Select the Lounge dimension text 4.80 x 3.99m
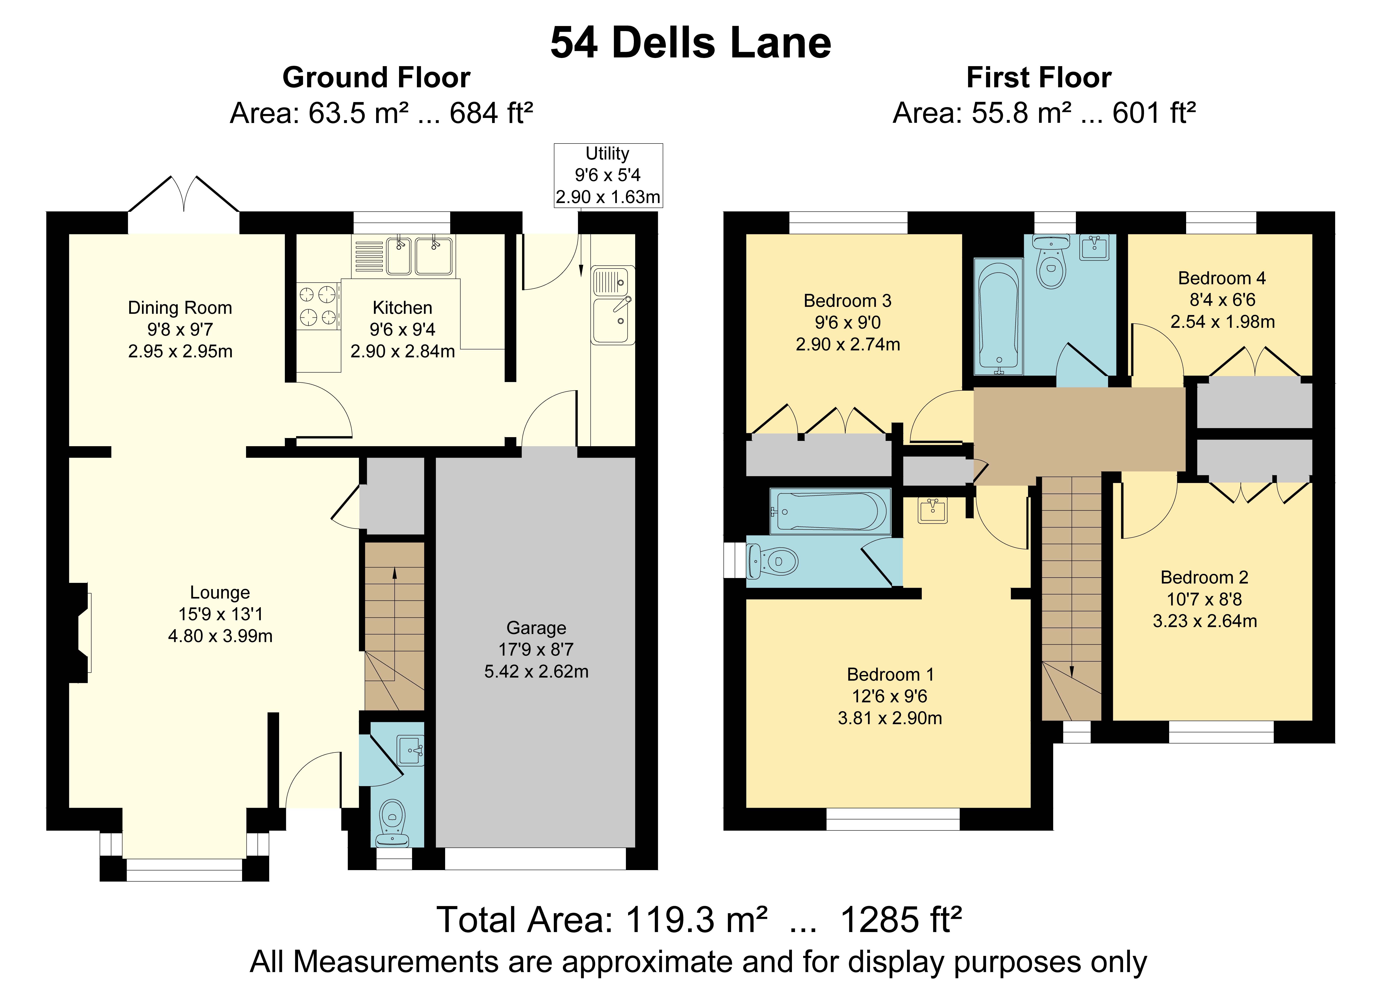click(x=220, y=636)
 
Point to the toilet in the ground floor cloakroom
click(x=392, y=823)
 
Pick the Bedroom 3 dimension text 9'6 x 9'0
click(x=848, y=323)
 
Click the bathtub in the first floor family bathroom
click(x=998, y=316)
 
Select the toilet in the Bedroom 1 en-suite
click(x=773, y=561)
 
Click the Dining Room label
click(x=180, y=308)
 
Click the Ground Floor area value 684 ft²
click(x=491, y=114)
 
